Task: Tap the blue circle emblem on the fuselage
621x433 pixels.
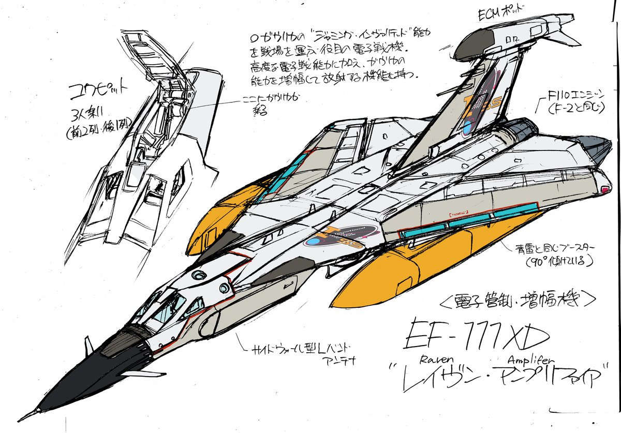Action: [314, 242]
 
